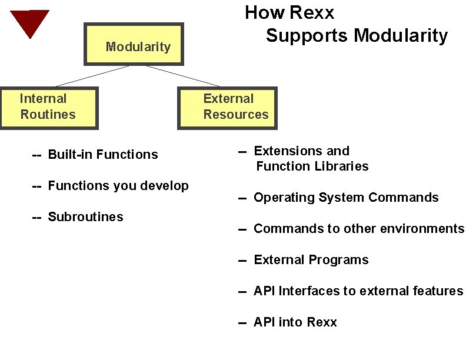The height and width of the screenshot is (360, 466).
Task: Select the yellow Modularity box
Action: point(134,44)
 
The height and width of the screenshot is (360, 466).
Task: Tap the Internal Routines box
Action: point(49,108)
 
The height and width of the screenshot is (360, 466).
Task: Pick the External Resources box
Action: point(227,108)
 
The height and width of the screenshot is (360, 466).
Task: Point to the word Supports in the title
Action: point(307,35)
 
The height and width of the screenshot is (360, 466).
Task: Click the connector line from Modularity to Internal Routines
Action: point(92,76)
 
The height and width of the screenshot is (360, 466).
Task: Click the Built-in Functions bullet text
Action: point(102,155)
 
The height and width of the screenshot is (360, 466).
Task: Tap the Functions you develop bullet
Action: point(118,186)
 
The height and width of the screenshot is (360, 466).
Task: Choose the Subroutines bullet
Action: point(85,217)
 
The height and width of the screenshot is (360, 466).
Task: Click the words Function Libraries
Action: point(312,166)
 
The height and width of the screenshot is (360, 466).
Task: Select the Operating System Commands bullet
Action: point(345,198)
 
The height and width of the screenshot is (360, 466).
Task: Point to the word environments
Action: point(428,229)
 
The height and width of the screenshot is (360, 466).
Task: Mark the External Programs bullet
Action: point(311,260)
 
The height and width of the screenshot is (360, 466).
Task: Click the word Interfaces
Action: point(309,291)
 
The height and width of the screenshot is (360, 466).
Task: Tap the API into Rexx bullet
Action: point(295,322)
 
